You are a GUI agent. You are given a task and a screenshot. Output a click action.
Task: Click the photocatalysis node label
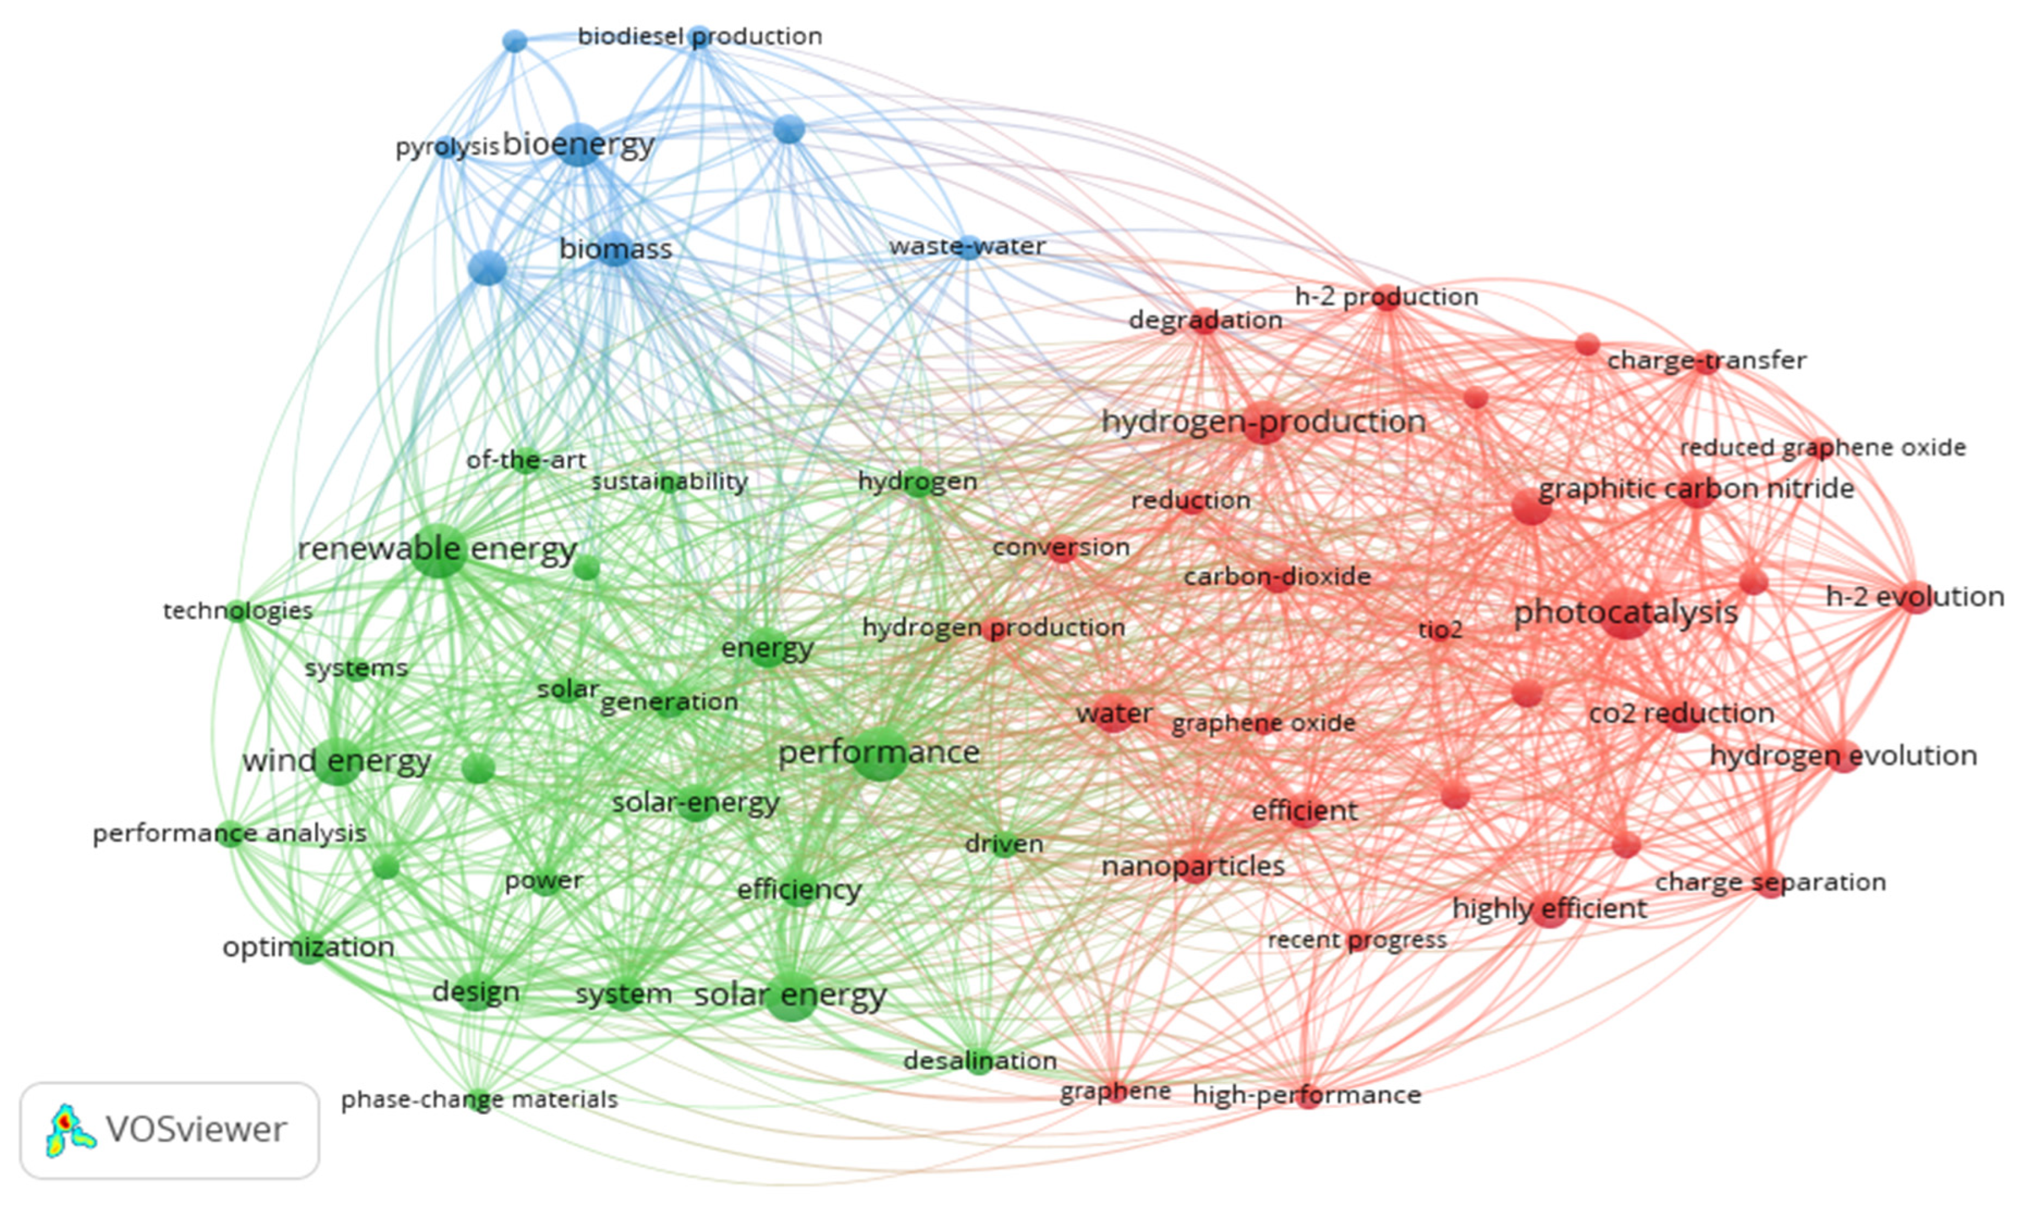pos(1626,612)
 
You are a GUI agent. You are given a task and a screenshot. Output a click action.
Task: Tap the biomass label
pos(615,249)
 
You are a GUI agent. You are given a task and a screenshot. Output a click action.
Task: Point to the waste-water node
pos(969,247)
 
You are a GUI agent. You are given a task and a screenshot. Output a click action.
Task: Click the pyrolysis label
pos(446,147)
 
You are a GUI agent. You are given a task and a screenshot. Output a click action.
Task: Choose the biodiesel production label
pos(700,36)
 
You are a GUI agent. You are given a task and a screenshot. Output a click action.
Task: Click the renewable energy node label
pos(437,549)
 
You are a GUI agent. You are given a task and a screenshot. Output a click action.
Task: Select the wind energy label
pos(336,761)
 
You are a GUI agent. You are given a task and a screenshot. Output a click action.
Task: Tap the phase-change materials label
pos(480,1100)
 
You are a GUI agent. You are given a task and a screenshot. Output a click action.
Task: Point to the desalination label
pos(979,1060)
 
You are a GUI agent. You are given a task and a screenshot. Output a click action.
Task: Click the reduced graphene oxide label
pos(1822,448)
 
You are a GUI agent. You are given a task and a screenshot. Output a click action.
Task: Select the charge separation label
pos(1770,882)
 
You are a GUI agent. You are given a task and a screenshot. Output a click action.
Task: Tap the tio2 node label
pos(1440,630)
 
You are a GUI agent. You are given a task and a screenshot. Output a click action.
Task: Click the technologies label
pos(237,610)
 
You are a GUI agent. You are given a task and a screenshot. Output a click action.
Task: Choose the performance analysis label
pos(230,833)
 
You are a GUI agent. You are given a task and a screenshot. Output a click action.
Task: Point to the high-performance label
pos(1307,1095)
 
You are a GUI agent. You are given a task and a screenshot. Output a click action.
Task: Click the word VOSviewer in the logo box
pos(196,1130)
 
